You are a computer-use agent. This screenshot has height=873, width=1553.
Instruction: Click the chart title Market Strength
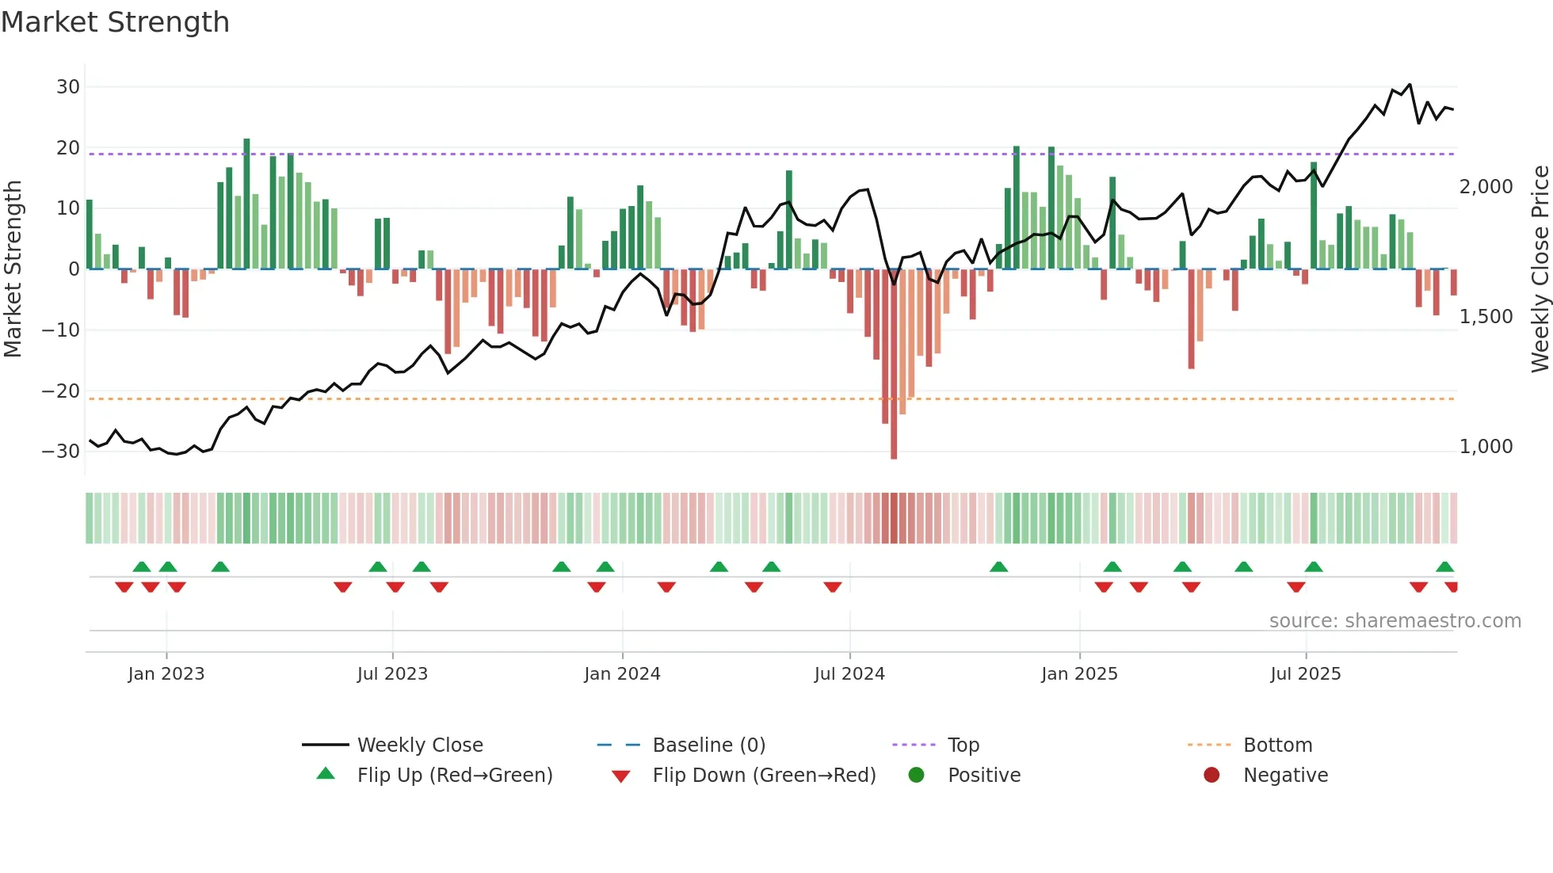click(115, 22)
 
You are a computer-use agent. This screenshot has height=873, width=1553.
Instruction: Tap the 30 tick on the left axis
click(68, 87)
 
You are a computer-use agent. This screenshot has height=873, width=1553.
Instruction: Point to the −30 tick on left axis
click(61, 452)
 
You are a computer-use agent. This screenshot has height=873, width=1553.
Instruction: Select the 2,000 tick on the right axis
click(1486, 187)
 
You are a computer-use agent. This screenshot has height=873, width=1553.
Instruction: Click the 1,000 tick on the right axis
click(1486, 447)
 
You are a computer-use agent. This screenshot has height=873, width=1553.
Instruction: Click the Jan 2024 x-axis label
click(622, 674)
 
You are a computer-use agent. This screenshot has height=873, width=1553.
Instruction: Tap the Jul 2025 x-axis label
click(1305, 674)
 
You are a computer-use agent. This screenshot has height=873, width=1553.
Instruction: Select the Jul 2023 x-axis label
click(392, 674)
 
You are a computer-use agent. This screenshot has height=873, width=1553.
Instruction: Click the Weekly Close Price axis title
click(1540, 269)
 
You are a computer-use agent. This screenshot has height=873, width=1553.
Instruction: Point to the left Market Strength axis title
click(13, 269)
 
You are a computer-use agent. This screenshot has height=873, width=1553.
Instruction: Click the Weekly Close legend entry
click(420, 745)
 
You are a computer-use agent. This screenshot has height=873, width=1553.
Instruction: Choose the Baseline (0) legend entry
click(708, 745)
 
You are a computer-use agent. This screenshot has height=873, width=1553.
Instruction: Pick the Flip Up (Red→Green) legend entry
click(454, 776)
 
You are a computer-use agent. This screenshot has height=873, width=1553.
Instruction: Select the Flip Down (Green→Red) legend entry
click(764, 776)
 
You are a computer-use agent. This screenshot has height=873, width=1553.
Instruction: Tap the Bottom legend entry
click(1277, 745)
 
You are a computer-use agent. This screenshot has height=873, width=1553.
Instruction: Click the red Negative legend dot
click(1211, 776)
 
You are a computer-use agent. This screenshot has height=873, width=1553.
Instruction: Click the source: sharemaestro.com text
click(1395, 621)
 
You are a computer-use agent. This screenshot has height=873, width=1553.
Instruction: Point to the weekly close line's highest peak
click(1410, 84)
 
